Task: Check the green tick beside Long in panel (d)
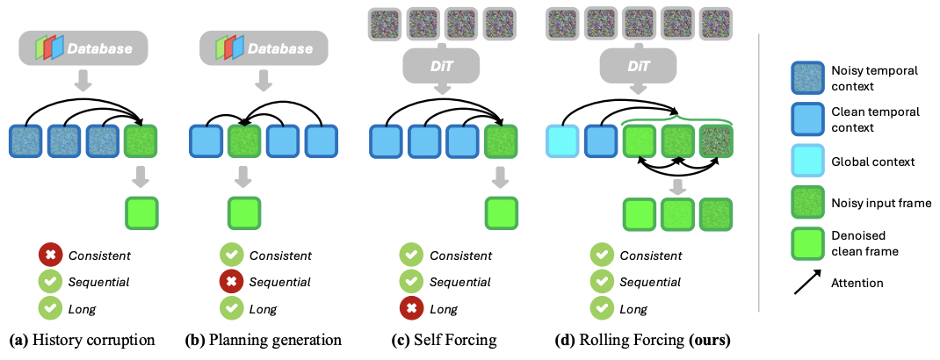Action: [602, 309]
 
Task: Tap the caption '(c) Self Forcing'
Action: [444, 340]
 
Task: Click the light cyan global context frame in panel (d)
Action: [562, 141]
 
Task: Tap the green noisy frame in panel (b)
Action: [243, 141]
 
